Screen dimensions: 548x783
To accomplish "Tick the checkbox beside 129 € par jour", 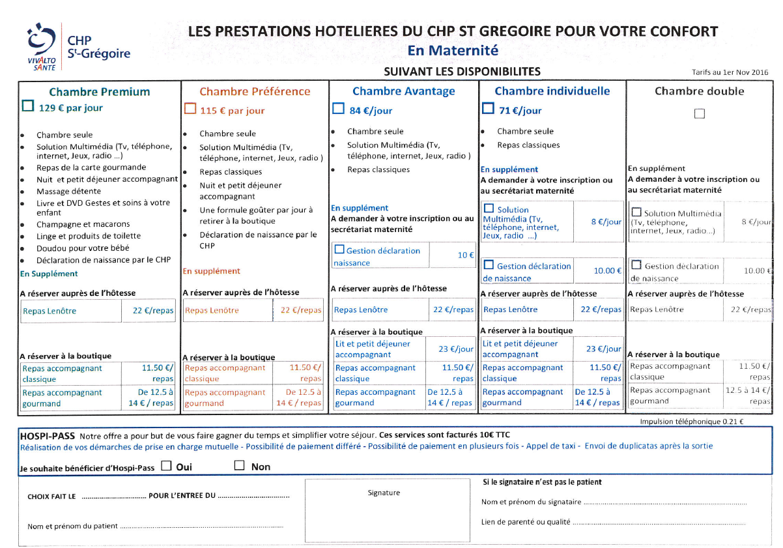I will tap(28, 106).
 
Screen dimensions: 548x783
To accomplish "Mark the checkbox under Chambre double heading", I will tap(700, 114).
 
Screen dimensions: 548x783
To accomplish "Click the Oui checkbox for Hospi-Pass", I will tap(166, 466).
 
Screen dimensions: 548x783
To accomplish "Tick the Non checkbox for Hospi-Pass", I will tap(240, 466).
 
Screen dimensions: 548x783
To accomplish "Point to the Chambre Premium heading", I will tap(100, 92).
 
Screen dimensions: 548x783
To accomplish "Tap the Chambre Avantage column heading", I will tap(403, 91).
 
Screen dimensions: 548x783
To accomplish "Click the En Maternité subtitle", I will tap(453, 50).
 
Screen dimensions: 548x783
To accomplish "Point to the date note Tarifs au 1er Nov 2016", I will tap(730, 72).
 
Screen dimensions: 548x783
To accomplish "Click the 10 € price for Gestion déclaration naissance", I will tap(465, 255).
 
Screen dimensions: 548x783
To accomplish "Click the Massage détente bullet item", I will tap(68, 192).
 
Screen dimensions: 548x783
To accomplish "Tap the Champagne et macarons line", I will tap(83, 224).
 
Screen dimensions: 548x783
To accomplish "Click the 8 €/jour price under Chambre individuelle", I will tap(606, 222).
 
